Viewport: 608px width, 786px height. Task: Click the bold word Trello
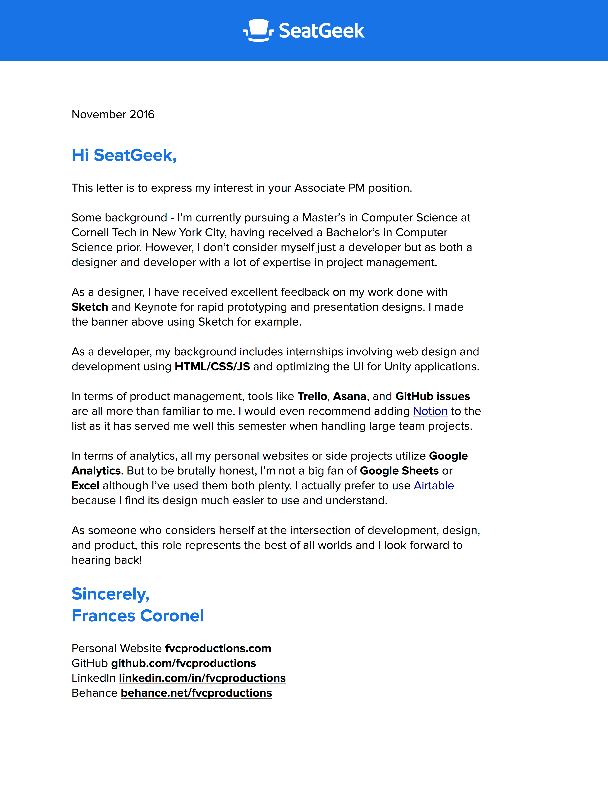click(312, 396)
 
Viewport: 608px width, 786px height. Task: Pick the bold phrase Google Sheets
click(399, 471)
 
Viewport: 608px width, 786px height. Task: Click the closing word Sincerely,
click(110, 594)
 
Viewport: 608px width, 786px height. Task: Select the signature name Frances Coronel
click(138, 616)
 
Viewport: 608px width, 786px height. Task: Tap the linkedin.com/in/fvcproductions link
click(202, 678)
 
